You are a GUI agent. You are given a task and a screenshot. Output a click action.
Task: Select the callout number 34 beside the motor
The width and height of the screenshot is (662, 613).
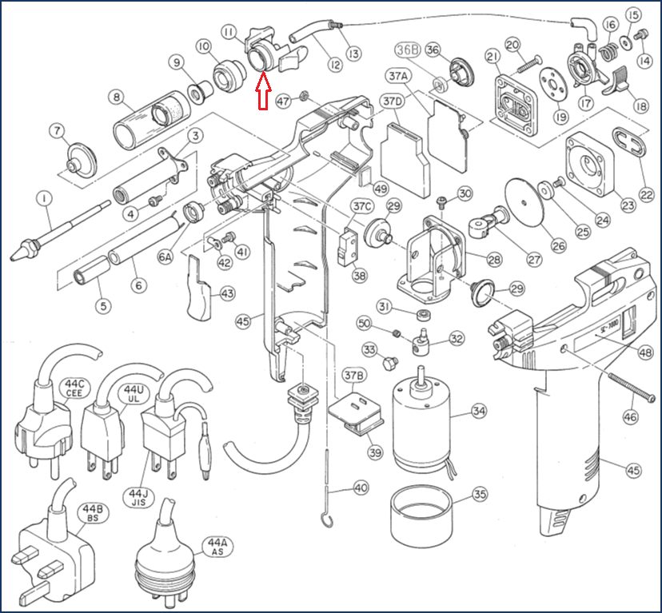point(479,412)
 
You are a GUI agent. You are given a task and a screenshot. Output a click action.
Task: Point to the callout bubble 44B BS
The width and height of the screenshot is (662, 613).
point(88,512)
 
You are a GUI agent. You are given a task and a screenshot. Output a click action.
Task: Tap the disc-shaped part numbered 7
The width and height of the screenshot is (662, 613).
point(77,157)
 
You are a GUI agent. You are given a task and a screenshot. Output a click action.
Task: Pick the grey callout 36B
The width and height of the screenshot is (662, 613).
point(408,49)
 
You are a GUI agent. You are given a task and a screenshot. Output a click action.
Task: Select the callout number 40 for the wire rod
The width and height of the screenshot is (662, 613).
point(361,488)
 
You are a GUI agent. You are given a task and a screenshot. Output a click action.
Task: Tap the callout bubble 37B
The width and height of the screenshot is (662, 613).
point(355,375)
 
